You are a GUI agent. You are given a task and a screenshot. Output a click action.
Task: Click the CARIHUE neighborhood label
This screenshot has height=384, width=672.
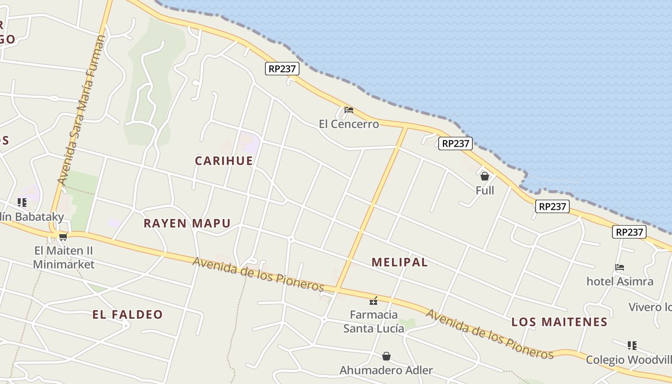pyautogui.click(x=224, y=161)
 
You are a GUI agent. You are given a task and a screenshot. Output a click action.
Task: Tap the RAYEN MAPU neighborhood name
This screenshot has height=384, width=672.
pyautogui.click(x=187, y=223)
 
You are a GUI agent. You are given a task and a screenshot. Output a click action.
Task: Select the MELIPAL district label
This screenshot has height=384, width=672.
pyautogui.click(x=400, y=262)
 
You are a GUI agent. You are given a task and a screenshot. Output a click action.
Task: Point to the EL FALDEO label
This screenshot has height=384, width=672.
pyautogui.click(x=128, y=315)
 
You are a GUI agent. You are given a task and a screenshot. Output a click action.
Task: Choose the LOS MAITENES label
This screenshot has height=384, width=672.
pyautogui.click(x=559, y=322)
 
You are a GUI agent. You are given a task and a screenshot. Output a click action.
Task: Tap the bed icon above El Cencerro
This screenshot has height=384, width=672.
pyautogui.click(x=349, y=110)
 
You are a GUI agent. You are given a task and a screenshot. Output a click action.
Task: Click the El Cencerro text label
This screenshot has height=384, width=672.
pyautogui.click(x=349, y=124)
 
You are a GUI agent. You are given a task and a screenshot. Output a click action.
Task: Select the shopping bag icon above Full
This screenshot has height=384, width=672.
pyautogui.click(x=485, y=176)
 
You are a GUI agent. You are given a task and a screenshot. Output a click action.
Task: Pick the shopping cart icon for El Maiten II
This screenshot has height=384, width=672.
pyautogui.click(x=63, y=236)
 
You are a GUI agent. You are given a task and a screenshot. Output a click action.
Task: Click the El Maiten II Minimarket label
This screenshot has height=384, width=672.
pyautogui.click(x=64, y=258)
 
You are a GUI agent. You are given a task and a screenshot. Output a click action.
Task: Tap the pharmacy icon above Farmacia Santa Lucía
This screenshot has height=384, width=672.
pyautogui.click(x=373, y=301)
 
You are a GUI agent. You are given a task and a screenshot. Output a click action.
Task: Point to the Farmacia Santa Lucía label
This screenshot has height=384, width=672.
pyautogui.click(x=373, y=322)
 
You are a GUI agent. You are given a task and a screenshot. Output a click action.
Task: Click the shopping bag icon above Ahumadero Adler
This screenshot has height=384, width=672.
pyautogui.click(x=386, y=356)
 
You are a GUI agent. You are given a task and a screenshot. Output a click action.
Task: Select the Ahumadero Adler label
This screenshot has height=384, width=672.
pyautogui.click(x=386, y=371)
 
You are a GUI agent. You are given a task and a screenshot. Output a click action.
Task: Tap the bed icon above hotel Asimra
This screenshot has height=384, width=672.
pyautogui.click(x=620, y=267)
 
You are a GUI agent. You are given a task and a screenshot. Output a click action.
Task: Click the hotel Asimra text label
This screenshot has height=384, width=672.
pyautogui.click(x=620, y=281)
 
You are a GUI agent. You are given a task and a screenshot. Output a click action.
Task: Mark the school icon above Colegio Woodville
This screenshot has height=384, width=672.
pyautogui.click(x=632, y=346)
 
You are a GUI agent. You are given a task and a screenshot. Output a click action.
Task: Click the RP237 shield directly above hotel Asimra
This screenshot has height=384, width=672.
pyautogui.click(x=629, y=232)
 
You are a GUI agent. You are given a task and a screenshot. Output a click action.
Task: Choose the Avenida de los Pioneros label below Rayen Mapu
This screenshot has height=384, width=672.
pyautogui.click(x=259, y=275)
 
